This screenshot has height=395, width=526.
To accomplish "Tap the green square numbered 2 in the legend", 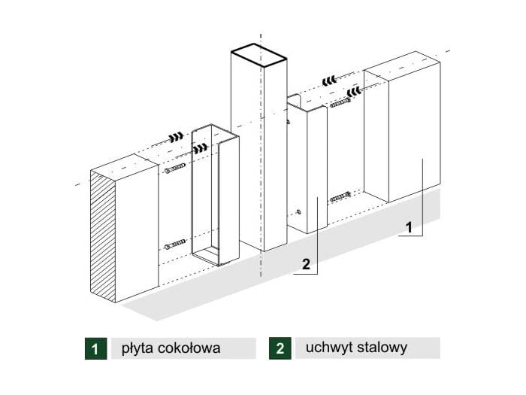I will click(x=280, y=348).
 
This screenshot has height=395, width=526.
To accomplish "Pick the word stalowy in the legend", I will click(x=382, y=348).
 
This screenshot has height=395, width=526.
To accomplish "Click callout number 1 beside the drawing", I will click(x=410, y=226).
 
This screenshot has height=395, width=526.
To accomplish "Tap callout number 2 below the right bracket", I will click(x=305, y=263).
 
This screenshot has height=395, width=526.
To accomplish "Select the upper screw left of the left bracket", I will click(x=174, y=169).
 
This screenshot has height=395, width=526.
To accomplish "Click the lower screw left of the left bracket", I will click(x=174, y=244).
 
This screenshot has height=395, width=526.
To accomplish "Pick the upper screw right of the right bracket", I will click(x=340, y=102).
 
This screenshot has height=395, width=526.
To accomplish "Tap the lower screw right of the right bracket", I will click(x=340, y=197).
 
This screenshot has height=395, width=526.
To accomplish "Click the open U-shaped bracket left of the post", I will click(x=215, y=196).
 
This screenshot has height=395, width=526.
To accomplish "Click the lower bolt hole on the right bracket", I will click(x=299, y=211).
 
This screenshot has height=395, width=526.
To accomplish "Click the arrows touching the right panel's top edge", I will click(x=355, y=92).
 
